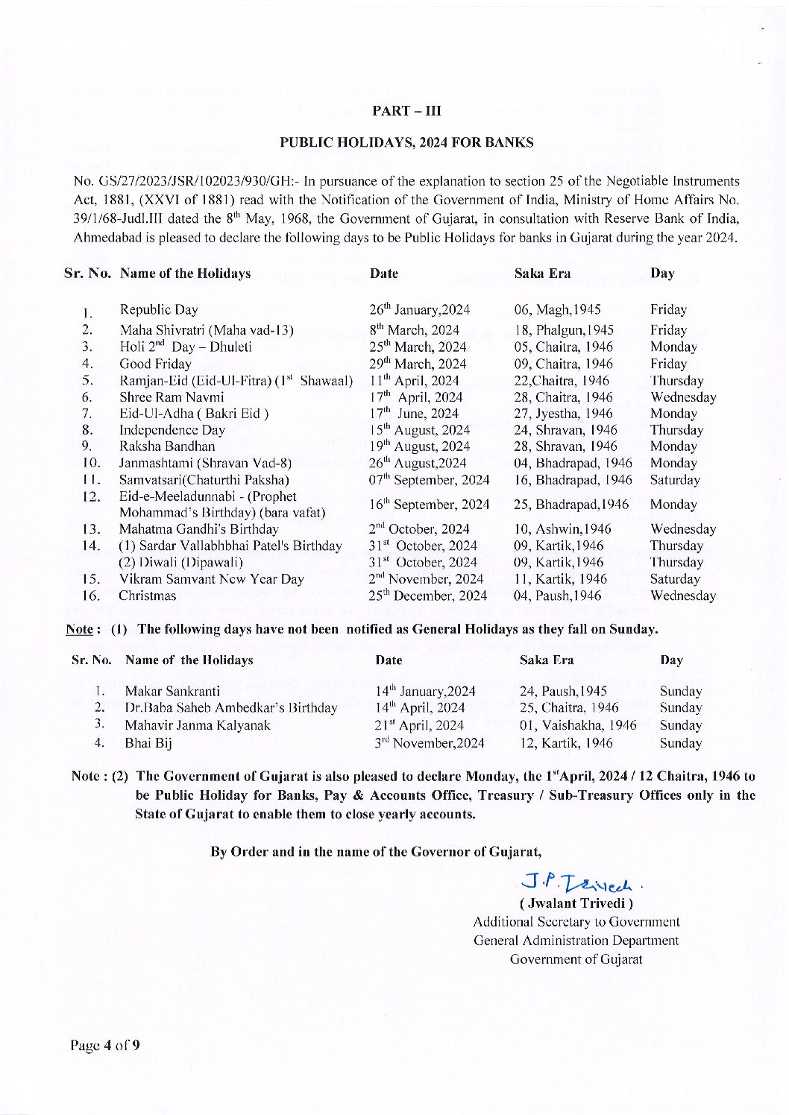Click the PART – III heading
pyautogui.click(x=406, y=111)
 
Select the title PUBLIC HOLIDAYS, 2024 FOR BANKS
pyautogui.click(x=406, y=142)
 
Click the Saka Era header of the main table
pyautogui.click(x=542, y=274)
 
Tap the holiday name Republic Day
pyautogui.click(x=159, y=309)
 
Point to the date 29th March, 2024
pyautogui.click(x=418, y=364)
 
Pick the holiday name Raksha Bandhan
pyautogui.click(x=167, y=446)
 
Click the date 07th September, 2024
pyautogui.click(x=430, y=480)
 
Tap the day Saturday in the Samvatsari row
pyautogui.click(x=675, y=480)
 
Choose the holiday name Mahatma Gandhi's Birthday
pyautogui.click(x=199, y=529)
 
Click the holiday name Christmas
pyautogui.click(x=148, y=596)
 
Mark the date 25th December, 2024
pyautogui.click(x=428, y=596)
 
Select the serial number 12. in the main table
pyautogui.click(x=91, y=497)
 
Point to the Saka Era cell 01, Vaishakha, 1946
pyautogui.click(x=577, y=725)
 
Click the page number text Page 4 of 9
pyautogui.click(x=105, y=1045)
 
